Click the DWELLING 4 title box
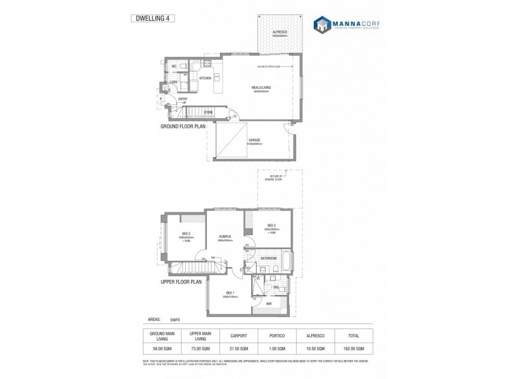[152, 18]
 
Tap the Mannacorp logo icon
[324, 25]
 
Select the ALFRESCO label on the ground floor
[280, 32]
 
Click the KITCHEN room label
[205, 78]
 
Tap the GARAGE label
[254, 140]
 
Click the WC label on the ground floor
[174, 66]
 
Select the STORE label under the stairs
[207, 112]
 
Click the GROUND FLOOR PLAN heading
[183, 126]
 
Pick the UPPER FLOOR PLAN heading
[181, 282]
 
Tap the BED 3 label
[187, 234]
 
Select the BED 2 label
[271, 226]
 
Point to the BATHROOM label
[269, 258]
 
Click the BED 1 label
[230, 293]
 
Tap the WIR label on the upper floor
[269, 304]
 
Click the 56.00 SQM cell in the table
[161, 348]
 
